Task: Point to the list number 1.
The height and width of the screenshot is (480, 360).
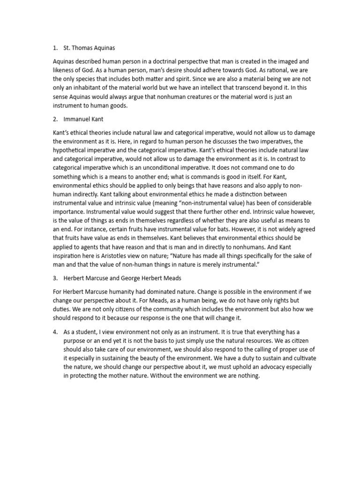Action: [x=56, y=47]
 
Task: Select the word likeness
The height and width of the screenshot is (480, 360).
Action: [x=66, y=71]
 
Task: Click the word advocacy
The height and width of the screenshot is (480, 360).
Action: [x=264, y=367]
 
